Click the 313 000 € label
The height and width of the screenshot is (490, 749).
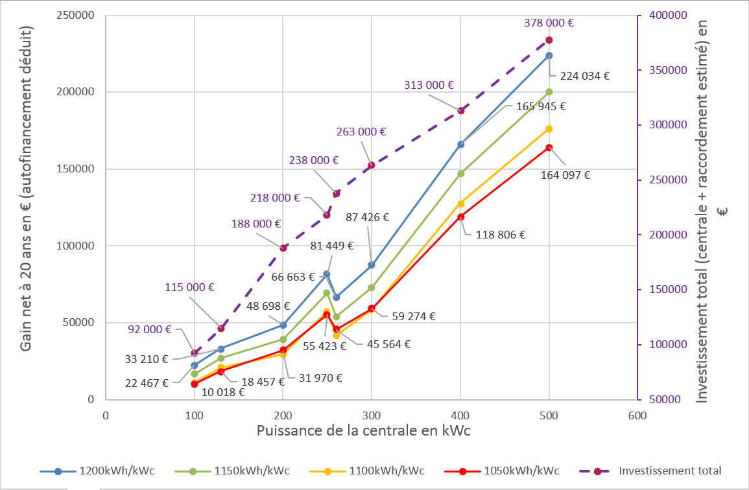point(428,85)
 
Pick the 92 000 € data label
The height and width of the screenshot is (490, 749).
point(150,329)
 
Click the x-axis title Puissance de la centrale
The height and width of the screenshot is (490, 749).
point(363,431)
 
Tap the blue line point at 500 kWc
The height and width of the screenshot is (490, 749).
point(549,56)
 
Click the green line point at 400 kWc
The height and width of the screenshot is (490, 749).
point(460,174)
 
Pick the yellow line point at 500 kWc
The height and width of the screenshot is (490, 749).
point(549,129)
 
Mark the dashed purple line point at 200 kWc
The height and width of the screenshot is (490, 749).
point(283,248)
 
